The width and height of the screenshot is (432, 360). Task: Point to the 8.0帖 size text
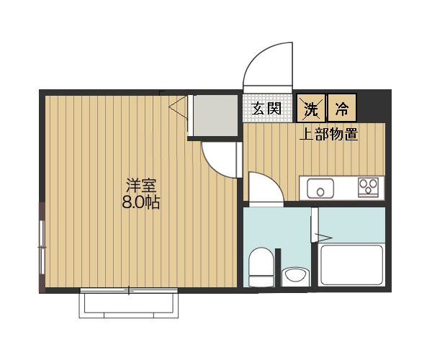pyautogui.click(x=141, y=203)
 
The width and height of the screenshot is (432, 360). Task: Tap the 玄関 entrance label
pyautogui.click(x=266, y=108)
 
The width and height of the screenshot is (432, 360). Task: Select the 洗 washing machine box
pyautogui.click(x=311, y=108)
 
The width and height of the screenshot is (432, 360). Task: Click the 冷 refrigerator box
pyautogui.click(x=342, y=108)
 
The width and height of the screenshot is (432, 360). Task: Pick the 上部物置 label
pyautogui.click(x=329, y=135)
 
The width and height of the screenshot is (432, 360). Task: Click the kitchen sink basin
pyautogui.click(x=320, y=188)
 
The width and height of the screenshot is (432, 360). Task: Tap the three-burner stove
pyautogui.click(x=368, y=187)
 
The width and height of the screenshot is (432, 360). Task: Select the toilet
pyautogui.click(x=261, y=266)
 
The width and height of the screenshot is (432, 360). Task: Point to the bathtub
pyautogui.click(x=351, y=265)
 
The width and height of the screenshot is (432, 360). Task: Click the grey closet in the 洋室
pyautogui.click(x=215, y=115)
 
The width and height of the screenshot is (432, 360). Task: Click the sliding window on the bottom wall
pyautogui.click(x=129, y=290)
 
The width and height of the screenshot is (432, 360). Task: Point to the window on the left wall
pyautogui.click(x=42, y=247)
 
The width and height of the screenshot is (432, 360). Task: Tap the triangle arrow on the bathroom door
pyautogui.click(x=324, y=238)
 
